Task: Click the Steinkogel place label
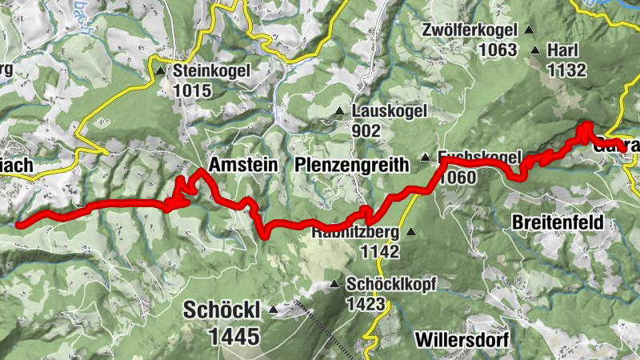212,70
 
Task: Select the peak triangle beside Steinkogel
160,71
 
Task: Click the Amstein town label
242,165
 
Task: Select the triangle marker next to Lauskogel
339,111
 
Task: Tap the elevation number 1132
567,70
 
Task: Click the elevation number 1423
366,303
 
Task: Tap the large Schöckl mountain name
222,310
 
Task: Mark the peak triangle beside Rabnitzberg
410,232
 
